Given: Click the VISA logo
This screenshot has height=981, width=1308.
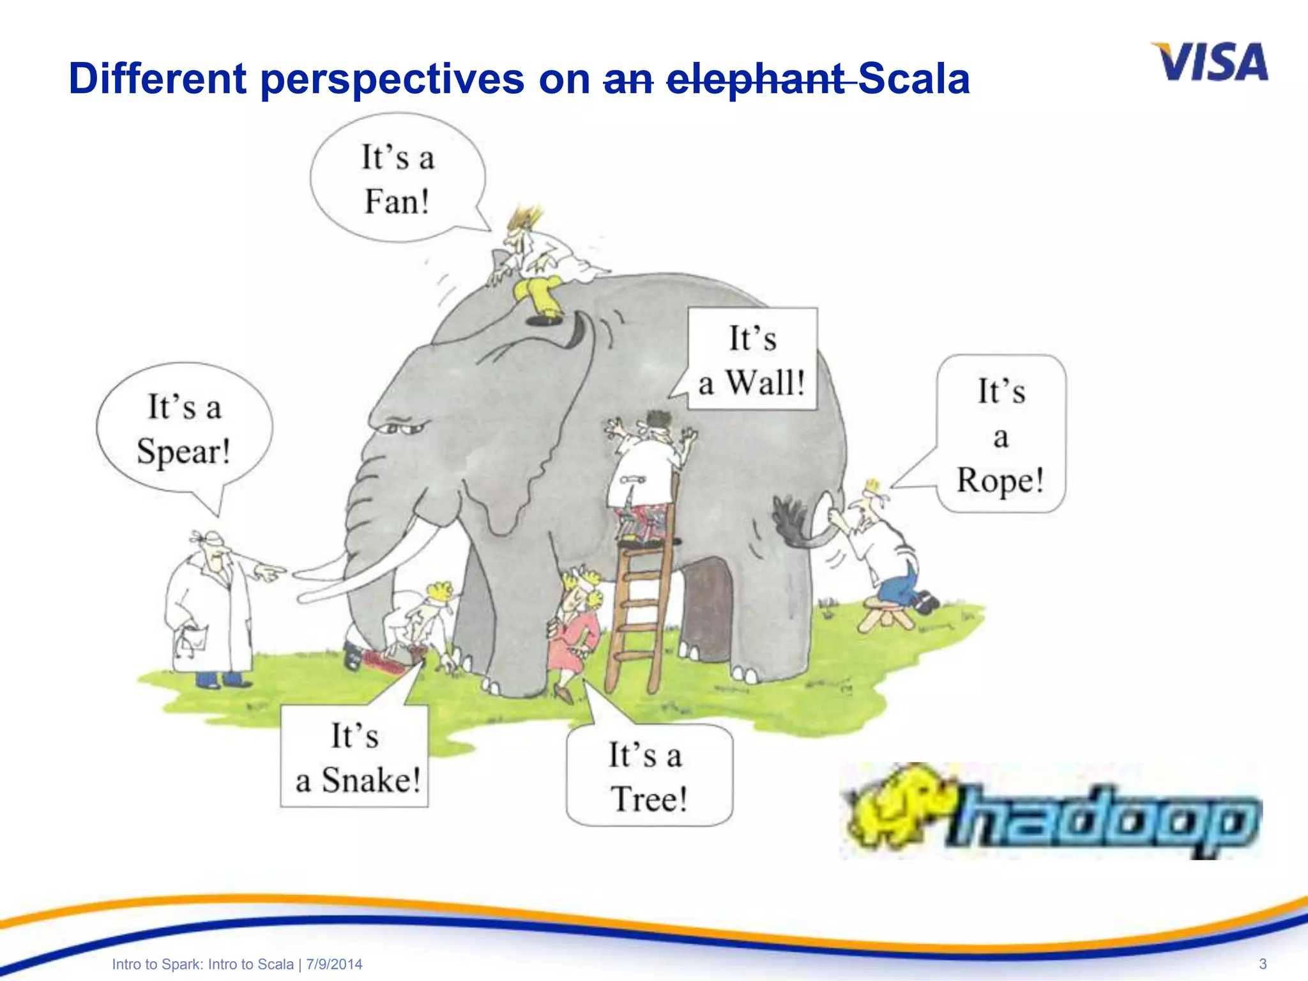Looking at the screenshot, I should (x=1210, y=62).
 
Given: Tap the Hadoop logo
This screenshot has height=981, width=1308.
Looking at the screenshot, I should (x=1051, y=811).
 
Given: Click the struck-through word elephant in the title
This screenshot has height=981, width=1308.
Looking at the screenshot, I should (x=756, y=79).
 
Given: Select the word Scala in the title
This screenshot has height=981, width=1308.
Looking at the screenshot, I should (x=915, y=79).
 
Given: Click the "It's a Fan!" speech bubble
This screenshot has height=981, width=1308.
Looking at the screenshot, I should (x=397, y=179).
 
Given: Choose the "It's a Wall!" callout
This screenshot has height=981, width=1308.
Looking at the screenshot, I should (x=752, y=360).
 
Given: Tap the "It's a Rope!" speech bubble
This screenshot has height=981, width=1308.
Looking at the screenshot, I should (x=1001, y=434).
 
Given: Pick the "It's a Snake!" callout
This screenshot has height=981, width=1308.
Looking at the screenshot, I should (x=355, y=757).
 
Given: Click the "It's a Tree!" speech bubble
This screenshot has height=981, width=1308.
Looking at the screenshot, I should (x=649, y=775).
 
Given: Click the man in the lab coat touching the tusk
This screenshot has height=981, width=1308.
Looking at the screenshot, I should (x=211, y=607).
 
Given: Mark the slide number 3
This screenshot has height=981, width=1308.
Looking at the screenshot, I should (x=1262, y=964).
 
